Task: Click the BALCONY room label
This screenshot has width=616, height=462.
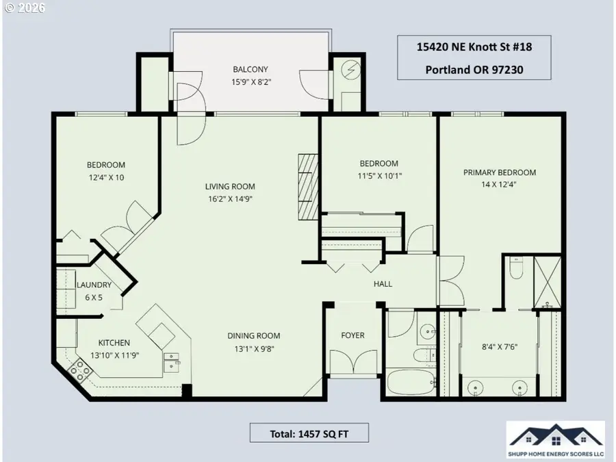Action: (x=250, y=69)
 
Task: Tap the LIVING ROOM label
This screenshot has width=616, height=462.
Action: (x=230, y=186)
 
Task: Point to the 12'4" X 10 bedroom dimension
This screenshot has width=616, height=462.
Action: (x=105, y=177)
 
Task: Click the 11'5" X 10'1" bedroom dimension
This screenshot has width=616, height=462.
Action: (x=378, y=175)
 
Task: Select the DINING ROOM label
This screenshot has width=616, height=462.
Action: (x=254, y=335)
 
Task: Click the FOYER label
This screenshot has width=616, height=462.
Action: (x=352, y=335)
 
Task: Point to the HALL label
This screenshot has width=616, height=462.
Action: (x=383, y=283)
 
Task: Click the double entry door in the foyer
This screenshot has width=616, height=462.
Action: (x=352, y=362)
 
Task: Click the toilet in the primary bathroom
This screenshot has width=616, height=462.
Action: (x=517, y=270)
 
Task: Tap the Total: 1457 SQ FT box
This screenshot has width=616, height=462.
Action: (x=309, y=433)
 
